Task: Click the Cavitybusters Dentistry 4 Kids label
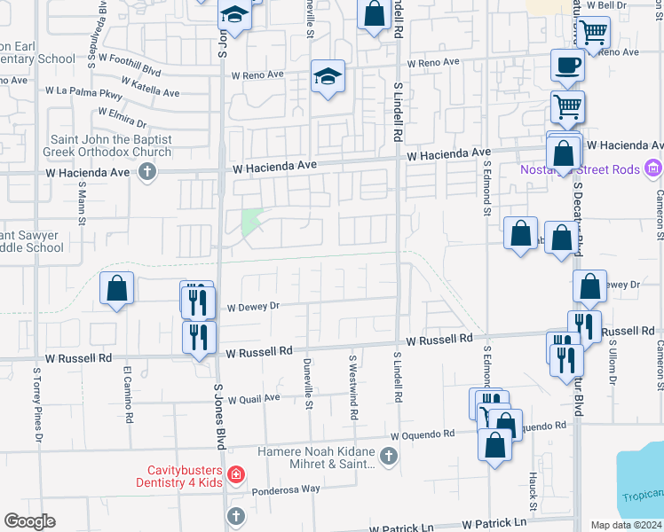coord(184,475)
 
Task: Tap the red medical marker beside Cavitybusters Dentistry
coord(235,475)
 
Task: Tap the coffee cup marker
coord(567,66)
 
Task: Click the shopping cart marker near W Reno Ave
coord(594,32)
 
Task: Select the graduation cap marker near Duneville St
coord(328,78)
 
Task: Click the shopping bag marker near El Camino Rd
coord(117,289)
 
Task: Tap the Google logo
coord(30,521)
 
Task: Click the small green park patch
coord(252,220)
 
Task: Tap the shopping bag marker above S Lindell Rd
coord(375,15)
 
